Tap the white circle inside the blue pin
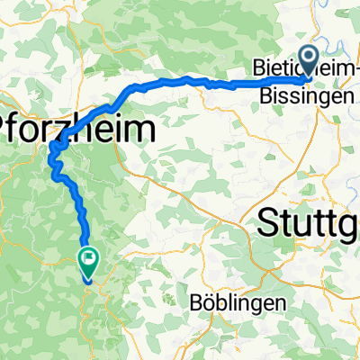310,58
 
